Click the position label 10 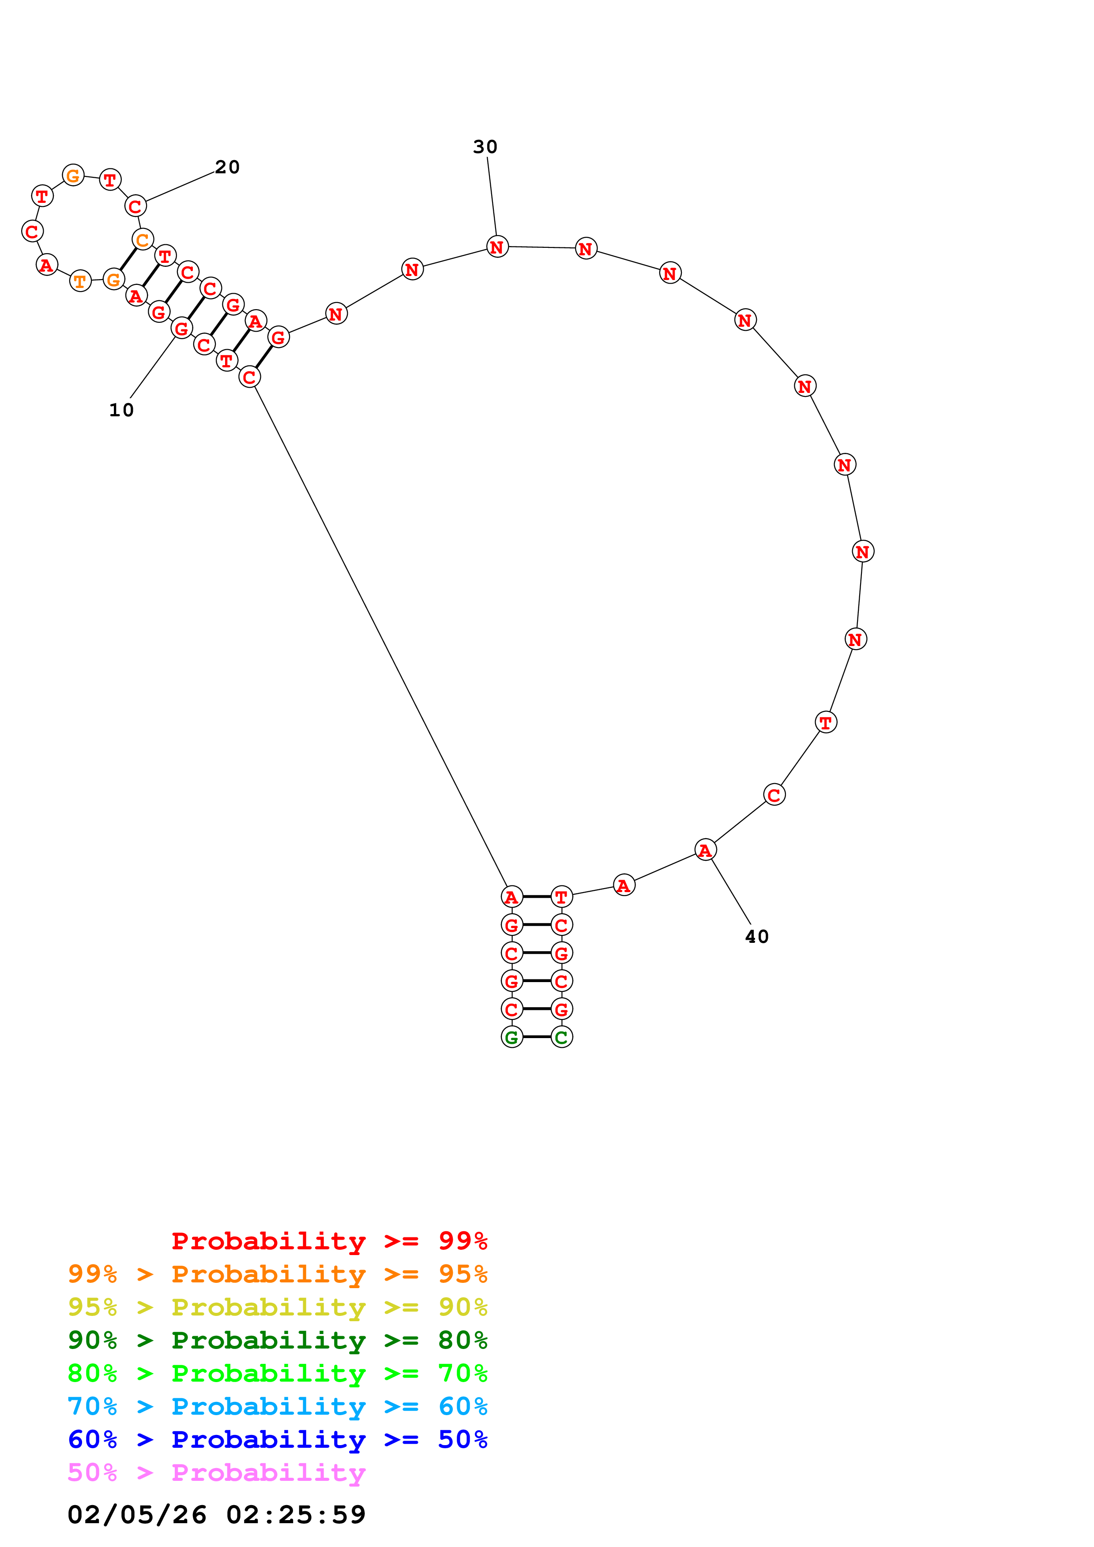[121, 410]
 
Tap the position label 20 [227, 167]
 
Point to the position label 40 [756, 937]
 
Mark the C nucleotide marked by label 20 [135, 206]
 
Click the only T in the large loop [826, 722]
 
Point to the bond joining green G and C [537, 1037]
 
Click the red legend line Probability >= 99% [329, 1241]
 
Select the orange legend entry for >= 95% [277, 1274]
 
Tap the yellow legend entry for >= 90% [277, 1307]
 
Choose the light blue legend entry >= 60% [277, 1406]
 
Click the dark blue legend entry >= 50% [277, 1439]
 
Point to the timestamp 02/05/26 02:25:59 [216, 1515]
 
